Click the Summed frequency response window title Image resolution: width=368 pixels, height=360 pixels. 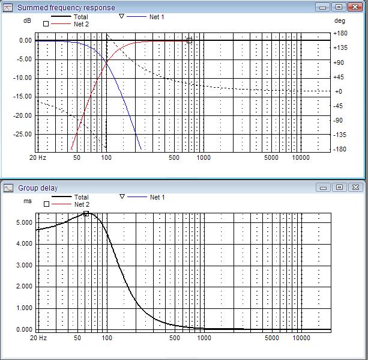tap(66, 7)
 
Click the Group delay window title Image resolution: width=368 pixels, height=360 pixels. tap(38, 188)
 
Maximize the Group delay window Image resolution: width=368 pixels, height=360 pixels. tap(339, 188)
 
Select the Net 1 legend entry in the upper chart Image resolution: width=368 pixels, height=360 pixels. tap(156, 17)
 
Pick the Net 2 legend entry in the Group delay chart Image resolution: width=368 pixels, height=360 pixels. tap(81, 204)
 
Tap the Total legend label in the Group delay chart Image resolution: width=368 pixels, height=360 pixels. tap(81, 197)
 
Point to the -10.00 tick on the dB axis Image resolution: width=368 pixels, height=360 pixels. tap(25, 78)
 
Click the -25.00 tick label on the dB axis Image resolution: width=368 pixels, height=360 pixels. tap(25, 134)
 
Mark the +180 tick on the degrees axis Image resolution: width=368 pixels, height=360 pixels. tap(340, 34)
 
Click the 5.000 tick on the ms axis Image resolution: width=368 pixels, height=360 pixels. tap(24, 222)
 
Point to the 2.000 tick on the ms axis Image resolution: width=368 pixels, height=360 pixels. tap(24, 287)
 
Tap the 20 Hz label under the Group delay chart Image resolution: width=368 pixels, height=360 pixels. tap(38, 338)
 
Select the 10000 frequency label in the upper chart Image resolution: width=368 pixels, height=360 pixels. tap(301, 158)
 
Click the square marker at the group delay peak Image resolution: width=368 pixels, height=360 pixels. tap(86, 213)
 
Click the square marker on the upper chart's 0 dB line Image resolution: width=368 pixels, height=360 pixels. tap(189, 41)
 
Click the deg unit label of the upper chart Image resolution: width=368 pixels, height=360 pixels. tap(340, 20)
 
